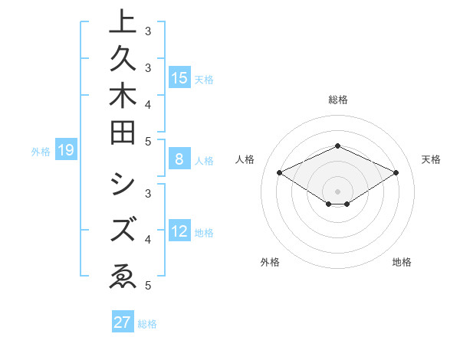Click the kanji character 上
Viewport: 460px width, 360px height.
(x=123, y=22)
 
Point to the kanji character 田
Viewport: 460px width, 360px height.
(x=123, y=132)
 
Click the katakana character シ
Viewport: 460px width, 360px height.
(x=123, y=185)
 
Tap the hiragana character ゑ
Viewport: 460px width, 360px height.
(x=123, y=275)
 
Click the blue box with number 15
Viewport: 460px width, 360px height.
(x=179, y=77)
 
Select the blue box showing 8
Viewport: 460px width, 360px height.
(x=179, y=159)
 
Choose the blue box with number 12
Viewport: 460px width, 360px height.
(x=179, y=231)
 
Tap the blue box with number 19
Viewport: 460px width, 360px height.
(x=65, y=151)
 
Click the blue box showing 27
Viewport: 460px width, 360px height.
(x=123, y=322)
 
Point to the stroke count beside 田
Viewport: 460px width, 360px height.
(x=148, y=141)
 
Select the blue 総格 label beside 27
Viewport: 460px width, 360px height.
(x=147, y=324)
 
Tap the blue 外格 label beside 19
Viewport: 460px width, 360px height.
(x=41, y=152)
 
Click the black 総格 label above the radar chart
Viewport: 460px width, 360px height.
(x=337, y=100)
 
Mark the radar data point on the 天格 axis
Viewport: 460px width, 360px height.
(x=396, y=173)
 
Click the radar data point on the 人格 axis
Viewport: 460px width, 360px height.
(x=279, y=173)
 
